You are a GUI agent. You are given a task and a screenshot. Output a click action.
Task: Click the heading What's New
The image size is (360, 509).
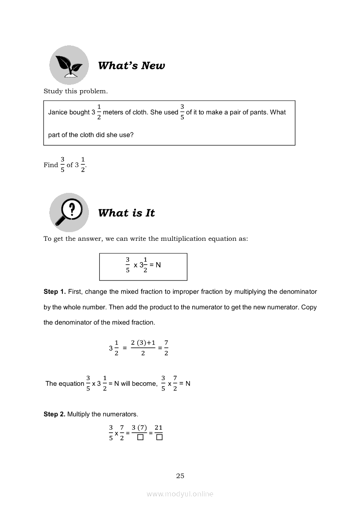tap(131, 66)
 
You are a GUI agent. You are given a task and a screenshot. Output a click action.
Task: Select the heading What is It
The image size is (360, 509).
tap(126, 213)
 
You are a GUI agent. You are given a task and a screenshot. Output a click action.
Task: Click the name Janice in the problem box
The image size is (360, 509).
tap(58, 112)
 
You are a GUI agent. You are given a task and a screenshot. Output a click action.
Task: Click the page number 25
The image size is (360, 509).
tap(180, 476)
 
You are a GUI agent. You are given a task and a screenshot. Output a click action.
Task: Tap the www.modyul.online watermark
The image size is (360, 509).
tap(180, 494)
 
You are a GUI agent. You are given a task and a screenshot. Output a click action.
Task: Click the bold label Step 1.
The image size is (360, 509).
tap(54, 291)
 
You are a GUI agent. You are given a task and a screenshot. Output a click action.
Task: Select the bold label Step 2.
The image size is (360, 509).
tap(54, 414)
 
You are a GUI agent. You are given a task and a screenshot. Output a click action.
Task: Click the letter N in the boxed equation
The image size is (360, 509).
tap(158, 265)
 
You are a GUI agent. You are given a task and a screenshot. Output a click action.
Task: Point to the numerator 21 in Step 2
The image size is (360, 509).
tap(159, 428)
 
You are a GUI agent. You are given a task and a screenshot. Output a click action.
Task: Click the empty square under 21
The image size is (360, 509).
tap(159, 438)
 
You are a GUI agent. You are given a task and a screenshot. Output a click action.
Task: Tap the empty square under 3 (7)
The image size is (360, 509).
tap(140, 438)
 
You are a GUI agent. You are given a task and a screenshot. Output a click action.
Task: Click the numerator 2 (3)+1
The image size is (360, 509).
tap(143, 343)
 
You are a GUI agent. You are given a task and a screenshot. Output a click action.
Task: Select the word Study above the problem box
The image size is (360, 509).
tap(53, 91)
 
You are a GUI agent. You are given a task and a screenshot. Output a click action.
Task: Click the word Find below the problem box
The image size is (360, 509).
tap(51, 165)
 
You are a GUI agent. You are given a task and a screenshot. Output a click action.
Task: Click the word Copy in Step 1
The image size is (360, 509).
tap(309, 307)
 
